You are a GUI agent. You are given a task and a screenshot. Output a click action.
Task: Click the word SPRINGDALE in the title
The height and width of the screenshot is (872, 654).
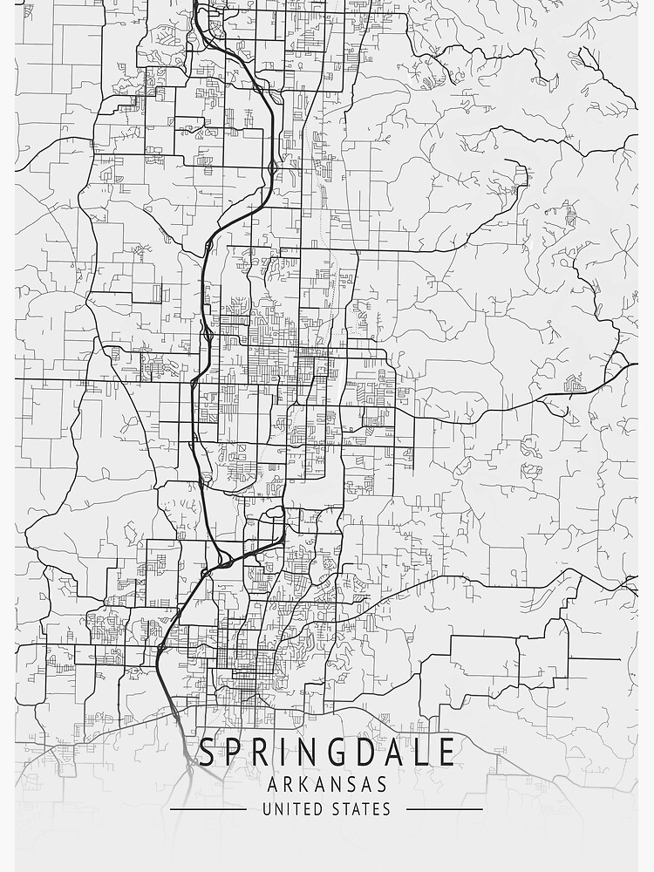[326, 752]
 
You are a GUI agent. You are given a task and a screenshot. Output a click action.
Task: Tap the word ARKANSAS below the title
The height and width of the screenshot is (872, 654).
[326, 785]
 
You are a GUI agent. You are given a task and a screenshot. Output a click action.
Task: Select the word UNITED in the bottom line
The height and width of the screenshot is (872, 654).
[292, 809]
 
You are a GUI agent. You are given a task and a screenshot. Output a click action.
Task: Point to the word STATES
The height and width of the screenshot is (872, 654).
[361, 809]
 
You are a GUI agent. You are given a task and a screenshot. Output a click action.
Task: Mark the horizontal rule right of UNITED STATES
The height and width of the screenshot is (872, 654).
[445, 809]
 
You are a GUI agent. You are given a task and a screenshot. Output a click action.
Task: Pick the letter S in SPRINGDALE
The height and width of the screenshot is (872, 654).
[208, 752]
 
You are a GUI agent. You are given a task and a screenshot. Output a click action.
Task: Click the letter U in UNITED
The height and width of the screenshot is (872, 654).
[267, 809]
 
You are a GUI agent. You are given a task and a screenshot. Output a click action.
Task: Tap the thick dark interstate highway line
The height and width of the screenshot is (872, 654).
[201, 288]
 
